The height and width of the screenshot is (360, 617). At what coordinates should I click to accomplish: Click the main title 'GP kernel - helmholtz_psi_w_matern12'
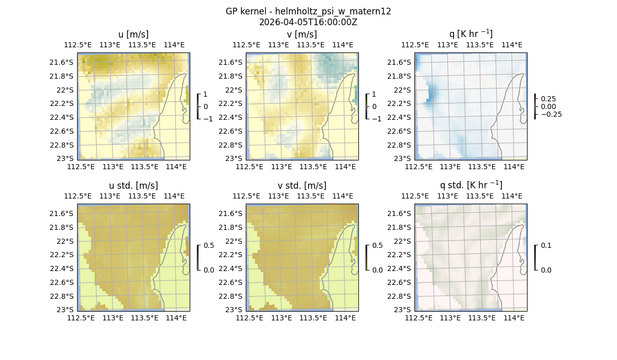pos(308,11)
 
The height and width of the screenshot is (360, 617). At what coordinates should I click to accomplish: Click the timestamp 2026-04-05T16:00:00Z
pos(308,22)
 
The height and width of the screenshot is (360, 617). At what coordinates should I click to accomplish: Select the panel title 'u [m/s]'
pos(133,34)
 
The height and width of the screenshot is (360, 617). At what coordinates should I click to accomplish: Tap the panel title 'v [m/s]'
pos(302,34)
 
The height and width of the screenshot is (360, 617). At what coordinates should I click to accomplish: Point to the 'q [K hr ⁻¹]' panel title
pos(470,34)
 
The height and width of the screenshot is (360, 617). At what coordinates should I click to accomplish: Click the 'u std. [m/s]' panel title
pos(133,186)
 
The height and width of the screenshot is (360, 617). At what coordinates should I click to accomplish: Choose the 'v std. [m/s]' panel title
pos(302,186)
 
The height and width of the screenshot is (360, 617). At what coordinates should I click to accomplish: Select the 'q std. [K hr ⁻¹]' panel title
pos(470,185)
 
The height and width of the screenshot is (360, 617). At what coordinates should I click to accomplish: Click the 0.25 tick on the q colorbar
pos(548,99)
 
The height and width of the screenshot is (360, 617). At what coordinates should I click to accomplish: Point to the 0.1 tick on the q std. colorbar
pos(545,246)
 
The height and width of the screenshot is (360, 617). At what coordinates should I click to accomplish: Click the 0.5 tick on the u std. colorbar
pos(209,245)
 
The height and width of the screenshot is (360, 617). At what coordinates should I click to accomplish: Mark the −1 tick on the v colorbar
pos(376,119)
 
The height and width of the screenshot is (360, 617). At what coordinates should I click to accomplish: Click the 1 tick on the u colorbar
pos(206,95)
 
